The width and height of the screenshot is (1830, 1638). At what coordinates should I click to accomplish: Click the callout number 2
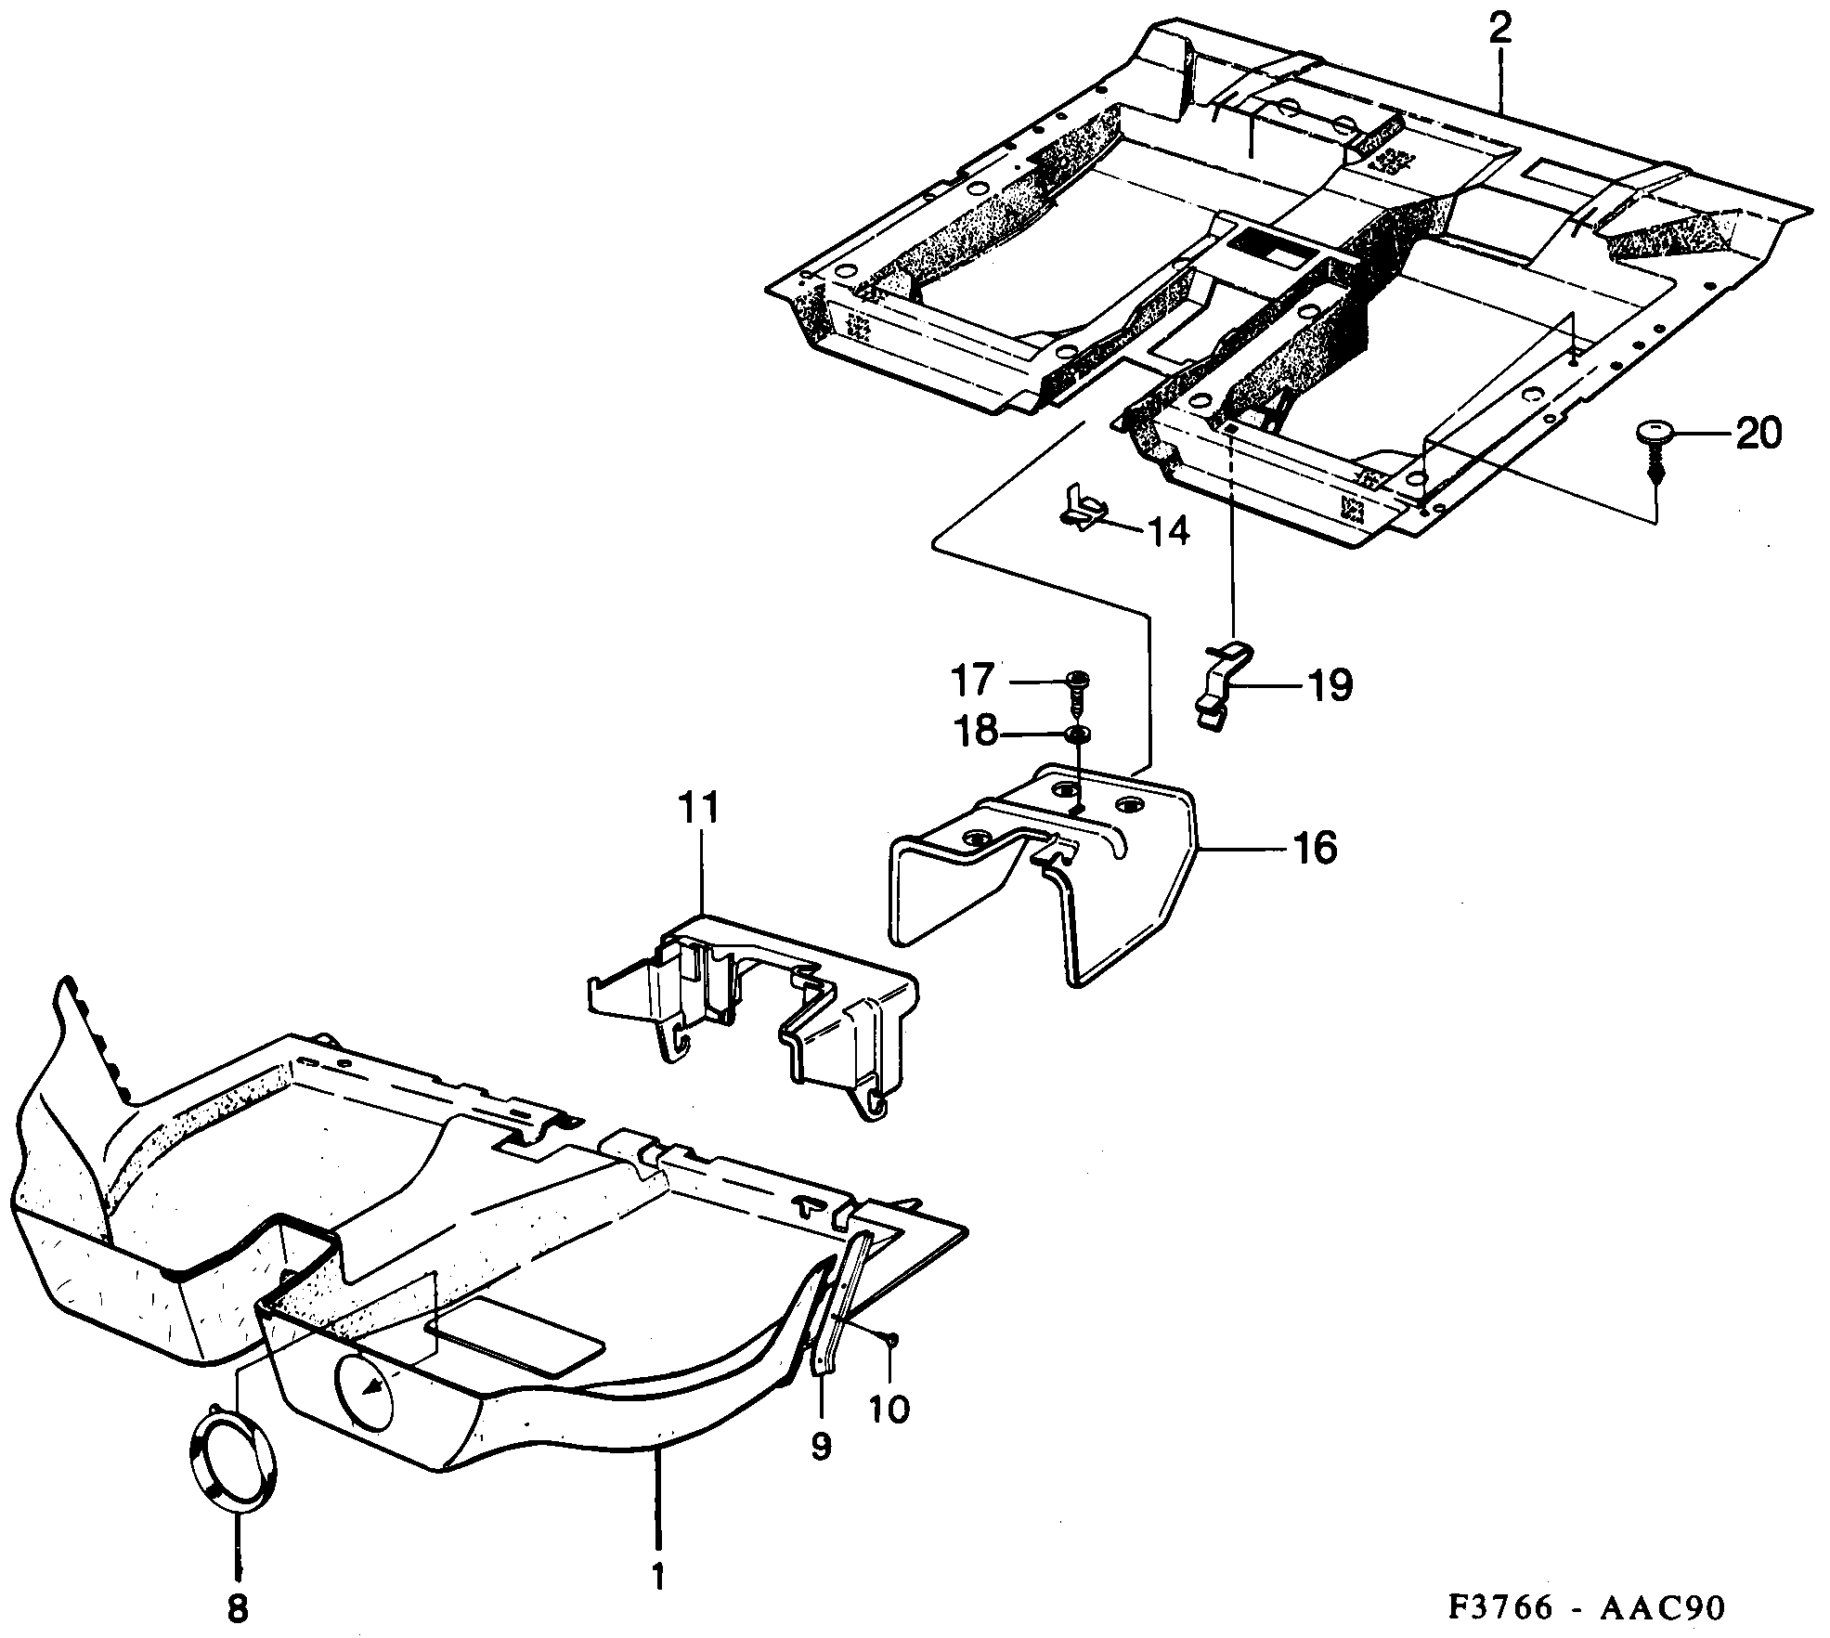[x=1499, y=32]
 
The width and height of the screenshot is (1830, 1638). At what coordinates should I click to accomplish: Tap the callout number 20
[x=1759, y=434]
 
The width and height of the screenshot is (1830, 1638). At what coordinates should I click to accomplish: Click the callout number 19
[x=1330, y=687]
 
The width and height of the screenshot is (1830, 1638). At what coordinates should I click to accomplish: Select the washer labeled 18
[x=1078, y=735]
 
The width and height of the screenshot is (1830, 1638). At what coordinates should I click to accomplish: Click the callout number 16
[x=1314, y=848]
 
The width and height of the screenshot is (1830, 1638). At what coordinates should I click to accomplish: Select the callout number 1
[x=658, y=1577]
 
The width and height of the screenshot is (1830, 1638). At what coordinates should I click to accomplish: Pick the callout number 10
[x=889, y=1410]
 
